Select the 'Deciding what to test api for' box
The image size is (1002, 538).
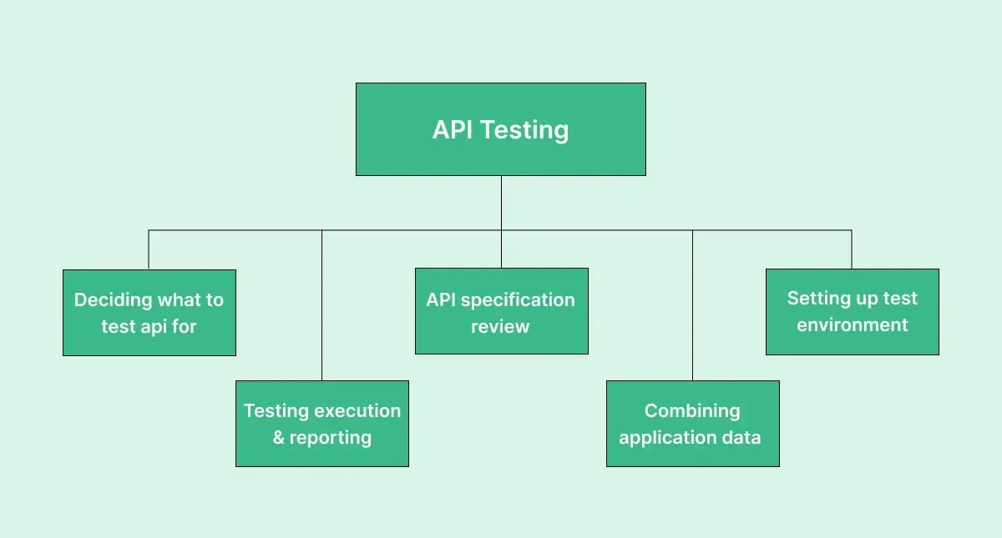click(x=149, y=313)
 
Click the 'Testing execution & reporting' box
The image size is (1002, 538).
click(x=322, y=424)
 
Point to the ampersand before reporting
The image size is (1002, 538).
click(x=279, y=438)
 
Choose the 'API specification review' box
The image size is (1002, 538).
click(x=501, y=311)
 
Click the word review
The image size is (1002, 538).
click(x=500, y=326)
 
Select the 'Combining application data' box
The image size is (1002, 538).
click(x=692, y=424)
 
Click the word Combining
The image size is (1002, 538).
click(x=692, y=410)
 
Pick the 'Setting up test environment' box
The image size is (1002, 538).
click(x=852, y=311)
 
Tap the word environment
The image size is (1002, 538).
click(x=852, y=325)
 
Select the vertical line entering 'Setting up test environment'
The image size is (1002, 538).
click(x=852, y=249)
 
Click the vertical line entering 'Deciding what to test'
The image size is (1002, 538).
click(x=149, y=249)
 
